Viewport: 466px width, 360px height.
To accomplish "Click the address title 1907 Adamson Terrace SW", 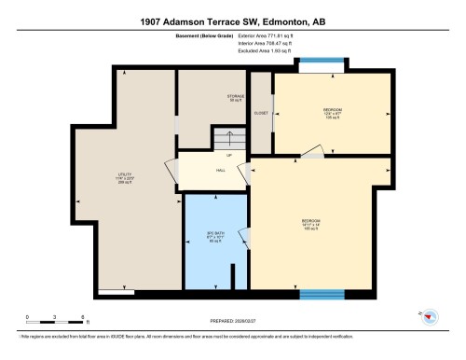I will click(233, 21).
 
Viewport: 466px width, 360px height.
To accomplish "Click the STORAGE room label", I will click(236, 98).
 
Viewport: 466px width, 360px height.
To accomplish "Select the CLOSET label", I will click(261, 111).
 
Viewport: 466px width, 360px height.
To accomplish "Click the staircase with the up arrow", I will click(227, 139).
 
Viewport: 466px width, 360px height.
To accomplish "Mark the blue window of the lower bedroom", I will click(322, 295).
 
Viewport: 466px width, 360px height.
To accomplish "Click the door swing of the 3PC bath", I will click(244, 239).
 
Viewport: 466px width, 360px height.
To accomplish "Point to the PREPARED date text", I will click(233, 322).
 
